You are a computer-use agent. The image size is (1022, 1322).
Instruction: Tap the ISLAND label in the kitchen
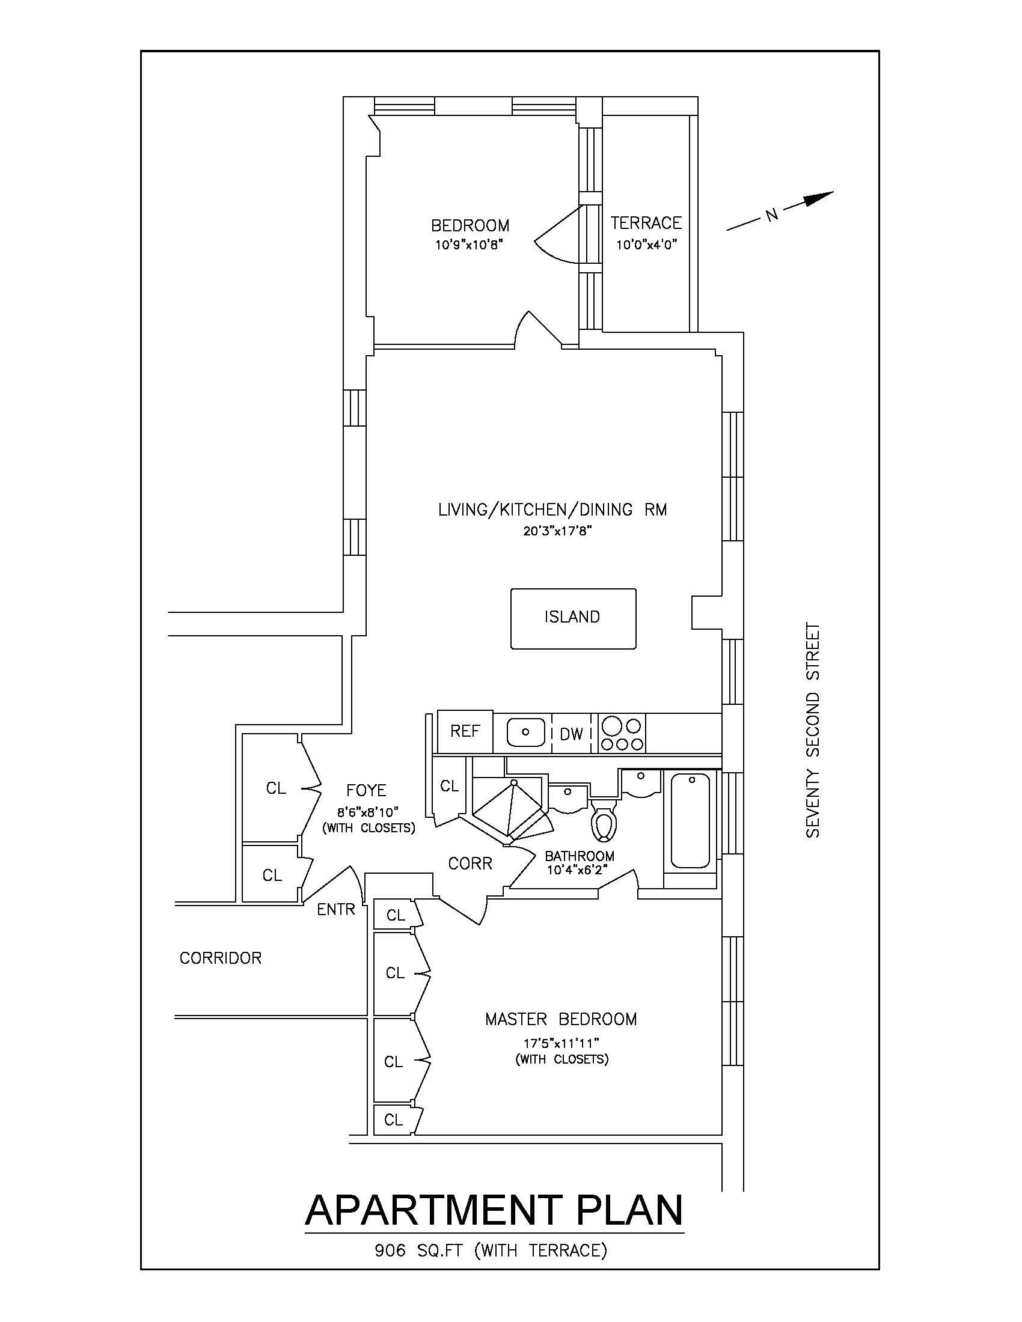(572, 617)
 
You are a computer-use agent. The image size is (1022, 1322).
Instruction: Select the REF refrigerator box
(464, 731)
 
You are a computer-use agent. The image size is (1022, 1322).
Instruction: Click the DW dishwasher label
(571, 734)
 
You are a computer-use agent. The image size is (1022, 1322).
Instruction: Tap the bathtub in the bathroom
(690, 820)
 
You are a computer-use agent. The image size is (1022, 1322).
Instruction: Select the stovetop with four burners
(622, 733)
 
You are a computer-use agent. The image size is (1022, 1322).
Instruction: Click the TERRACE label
(646, 224)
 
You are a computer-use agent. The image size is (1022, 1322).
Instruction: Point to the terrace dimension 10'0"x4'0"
(646, 245)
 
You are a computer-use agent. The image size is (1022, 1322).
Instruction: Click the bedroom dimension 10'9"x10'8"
(470, 245)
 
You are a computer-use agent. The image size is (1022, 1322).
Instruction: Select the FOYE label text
(366, 791)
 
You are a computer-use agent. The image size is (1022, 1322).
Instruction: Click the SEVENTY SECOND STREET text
(813, 731)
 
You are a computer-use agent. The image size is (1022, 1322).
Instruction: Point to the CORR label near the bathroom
(470, 864)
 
